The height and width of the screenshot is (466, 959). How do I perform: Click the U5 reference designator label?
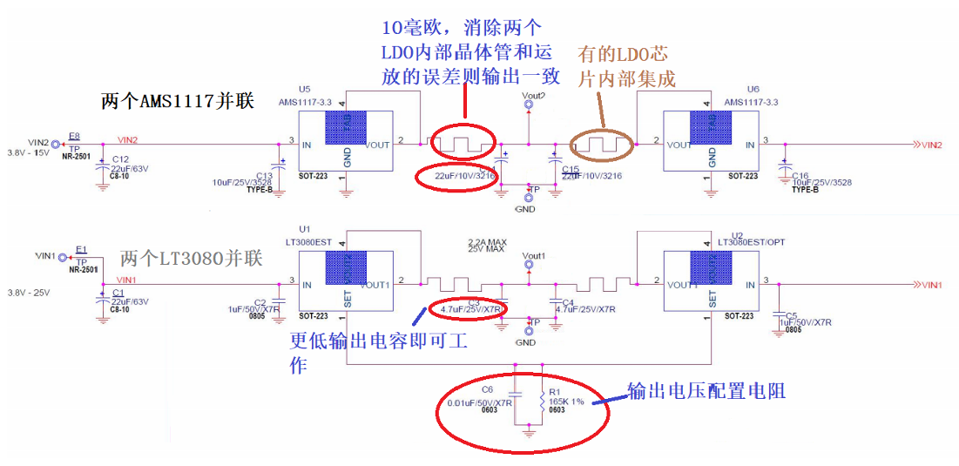pyautogui.click(x=304, y=89)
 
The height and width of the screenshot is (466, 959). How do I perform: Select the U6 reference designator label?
pyautogui.click(x=753, y=89)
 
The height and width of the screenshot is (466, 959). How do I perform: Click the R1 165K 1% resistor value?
pyautogui.click(x=566, y=402)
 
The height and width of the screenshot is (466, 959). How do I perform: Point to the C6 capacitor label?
pyautogui.click(x=487, y=389)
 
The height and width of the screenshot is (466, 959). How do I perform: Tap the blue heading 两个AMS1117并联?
pyautogui.click(x=177, y=101)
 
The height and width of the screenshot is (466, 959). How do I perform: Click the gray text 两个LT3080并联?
pyautogui.click(x=191, y=259)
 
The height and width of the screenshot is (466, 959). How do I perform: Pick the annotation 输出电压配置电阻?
pyautogui.click(x=706, y=391)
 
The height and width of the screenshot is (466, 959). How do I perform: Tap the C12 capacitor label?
pyautogui.click(x=120, y=159)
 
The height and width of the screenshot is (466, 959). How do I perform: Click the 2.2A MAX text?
pyautogui.click(x=487, y=240)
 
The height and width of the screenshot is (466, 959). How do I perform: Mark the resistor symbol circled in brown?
pyautogui.click(x=602, y=142)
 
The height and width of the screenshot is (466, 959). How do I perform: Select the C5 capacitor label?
pyautogui.click(x=791, y=315)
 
